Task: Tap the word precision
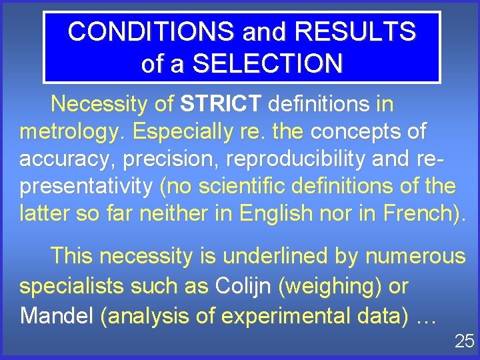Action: tap(181, 159)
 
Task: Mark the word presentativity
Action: tap(86, 186)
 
